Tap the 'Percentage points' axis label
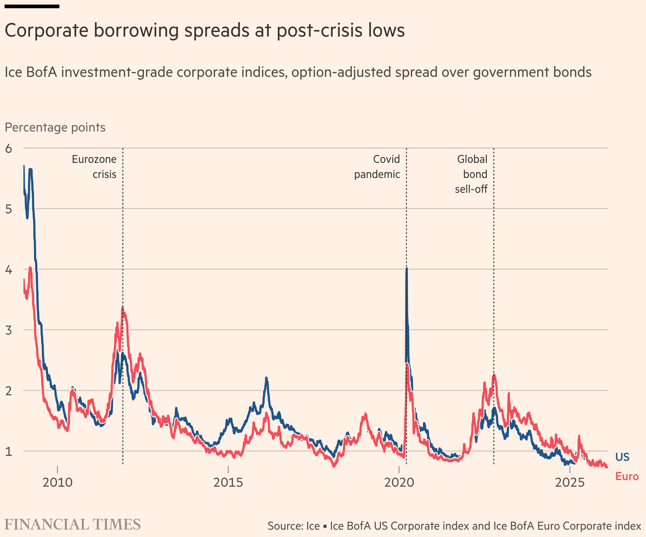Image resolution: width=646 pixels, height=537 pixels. click(55, 127)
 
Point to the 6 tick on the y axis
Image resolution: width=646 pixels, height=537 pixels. click(9, 148)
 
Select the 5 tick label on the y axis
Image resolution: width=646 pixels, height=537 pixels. click(9, 209)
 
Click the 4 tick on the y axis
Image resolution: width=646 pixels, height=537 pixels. click(9, 270)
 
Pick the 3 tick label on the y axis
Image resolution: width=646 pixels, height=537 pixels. click(9, 330)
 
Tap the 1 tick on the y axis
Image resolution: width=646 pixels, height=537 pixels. click(9, 451)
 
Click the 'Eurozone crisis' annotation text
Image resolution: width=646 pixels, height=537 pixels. click(94, 166)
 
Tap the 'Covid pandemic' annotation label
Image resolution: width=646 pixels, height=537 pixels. click(377, 166)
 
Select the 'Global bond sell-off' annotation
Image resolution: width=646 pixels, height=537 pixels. click(471, 174)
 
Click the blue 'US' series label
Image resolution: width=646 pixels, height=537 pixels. click(622, 457)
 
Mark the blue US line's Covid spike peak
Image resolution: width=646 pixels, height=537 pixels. click(407, 269)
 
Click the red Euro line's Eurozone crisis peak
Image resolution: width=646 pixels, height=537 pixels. click(122, 307)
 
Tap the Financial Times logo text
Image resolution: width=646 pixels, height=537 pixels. click(73, 525)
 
